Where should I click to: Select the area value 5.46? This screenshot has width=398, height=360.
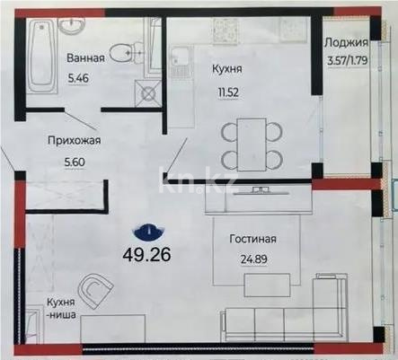[84, 77]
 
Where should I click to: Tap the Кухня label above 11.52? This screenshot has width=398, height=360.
[226, 68]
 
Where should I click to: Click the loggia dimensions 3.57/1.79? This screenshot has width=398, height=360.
[345, 61]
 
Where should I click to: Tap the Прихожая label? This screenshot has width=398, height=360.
[72, 140]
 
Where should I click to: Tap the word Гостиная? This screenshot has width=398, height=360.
[248, 239]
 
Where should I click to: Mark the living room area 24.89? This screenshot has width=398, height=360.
[248, 259]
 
